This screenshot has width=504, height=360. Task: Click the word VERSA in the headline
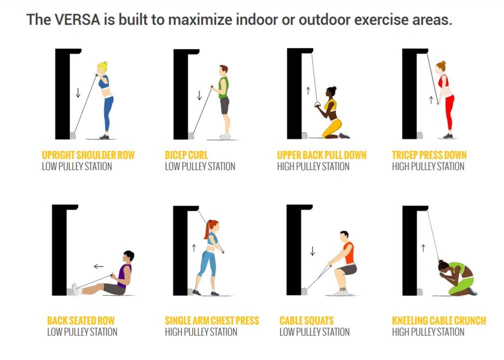coord(77,19)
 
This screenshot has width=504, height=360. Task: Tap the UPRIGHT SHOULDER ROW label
coord(88,155)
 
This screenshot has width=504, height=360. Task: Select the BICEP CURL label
coord(186,155)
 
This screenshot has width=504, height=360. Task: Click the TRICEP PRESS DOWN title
coord(429,155)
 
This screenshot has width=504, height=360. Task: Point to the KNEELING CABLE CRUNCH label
coord(439,320)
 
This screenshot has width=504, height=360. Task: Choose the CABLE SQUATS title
coord(307,320)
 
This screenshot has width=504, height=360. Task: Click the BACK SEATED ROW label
coord(81,320)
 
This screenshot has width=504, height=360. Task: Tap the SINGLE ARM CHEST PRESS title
coord(212,320)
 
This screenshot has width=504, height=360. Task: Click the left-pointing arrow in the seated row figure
coord(99,266)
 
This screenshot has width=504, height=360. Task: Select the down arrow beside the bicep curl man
coord(199,95)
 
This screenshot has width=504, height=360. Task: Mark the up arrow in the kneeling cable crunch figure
coord(423,248)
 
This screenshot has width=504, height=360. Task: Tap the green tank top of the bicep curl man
coord(224,87)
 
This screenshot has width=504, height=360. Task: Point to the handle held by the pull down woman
coord(317,105)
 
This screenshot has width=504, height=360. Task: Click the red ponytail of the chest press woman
coord(207,229)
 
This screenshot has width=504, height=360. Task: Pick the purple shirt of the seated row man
coord(124,275)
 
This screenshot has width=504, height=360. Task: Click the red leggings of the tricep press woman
coord(449,112)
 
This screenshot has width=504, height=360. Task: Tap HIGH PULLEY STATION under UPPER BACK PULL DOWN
coord(313,166)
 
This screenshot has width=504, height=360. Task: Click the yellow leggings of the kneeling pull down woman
coord(333,127)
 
